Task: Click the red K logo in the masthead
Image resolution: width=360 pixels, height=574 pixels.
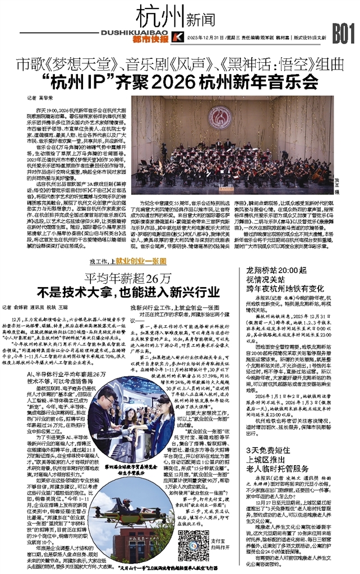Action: point(176,37)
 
